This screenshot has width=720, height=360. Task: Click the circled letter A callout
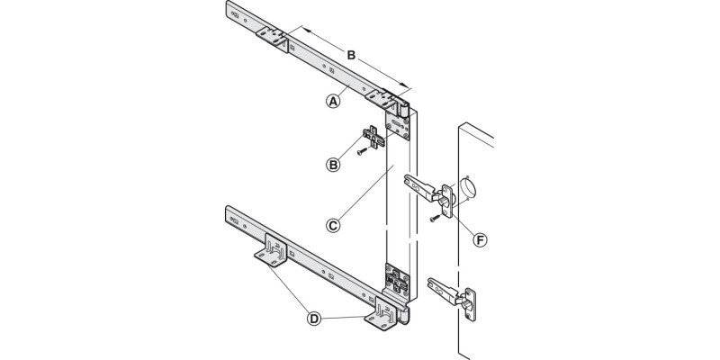[333, 102]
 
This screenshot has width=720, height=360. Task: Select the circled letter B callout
[333, 164]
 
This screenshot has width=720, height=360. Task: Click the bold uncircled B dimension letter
[353, 56]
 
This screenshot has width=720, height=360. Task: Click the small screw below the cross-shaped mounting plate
[358, 153]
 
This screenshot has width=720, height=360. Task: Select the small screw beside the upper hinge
[436, 217]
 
